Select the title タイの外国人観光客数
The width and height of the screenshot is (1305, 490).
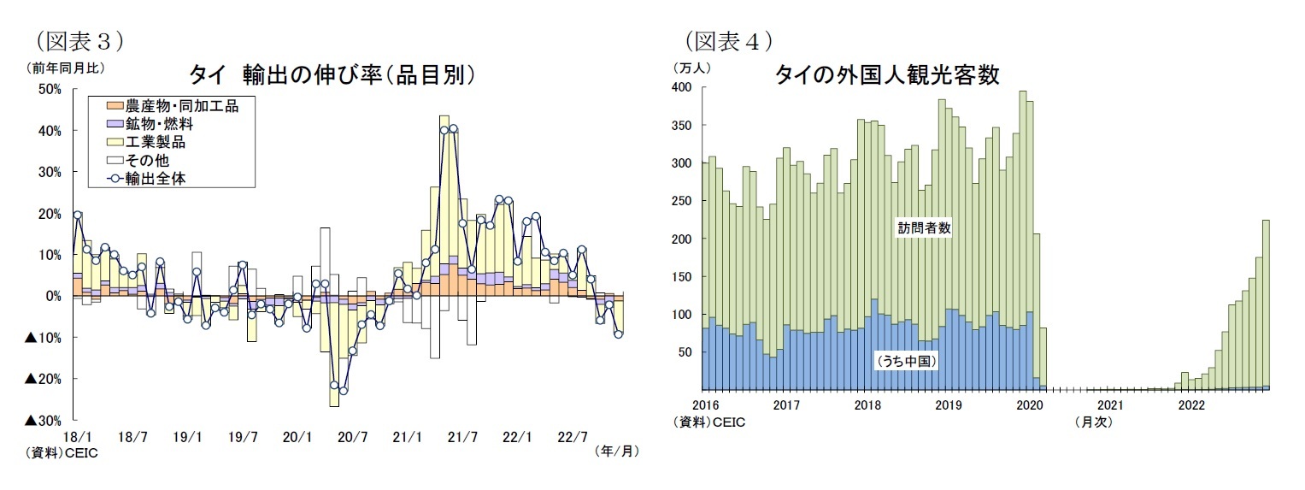click(x=886, y=75)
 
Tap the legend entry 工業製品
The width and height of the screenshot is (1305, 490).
click(x=155, y=142)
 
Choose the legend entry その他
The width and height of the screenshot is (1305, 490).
click(x=146, y=160)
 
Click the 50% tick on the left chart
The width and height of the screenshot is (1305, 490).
click(x=49, y=90)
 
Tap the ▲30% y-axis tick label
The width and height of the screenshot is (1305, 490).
click(x=43, y=421)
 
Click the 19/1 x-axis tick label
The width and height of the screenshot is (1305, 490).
click(x=187, y=437)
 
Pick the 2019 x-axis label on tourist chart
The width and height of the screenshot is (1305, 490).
click(x=949, y=404)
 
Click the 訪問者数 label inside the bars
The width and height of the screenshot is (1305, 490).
click(x=924, y=228)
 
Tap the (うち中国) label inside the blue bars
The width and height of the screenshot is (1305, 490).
click(x=908, y=362)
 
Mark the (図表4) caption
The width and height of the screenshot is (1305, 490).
click(x=729, y=40)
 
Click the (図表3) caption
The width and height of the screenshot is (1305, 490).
click(x=77, y=40)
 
